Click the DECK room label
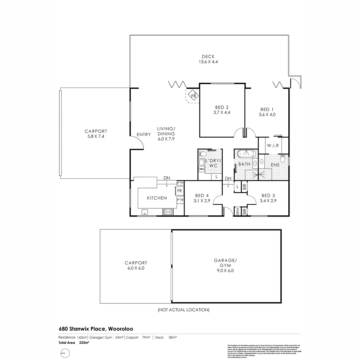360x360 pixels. [x=208, y=56]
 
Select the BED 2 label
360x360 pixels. [x=222, y=107]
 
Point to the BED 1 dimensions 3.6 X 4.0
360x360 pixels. [x=267, y=115]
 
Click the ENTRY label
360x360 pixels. [x=144, y=134]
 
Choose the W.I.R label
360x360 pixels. [x=273, y=146]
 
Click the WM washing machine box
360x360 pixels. [x=201, y=169]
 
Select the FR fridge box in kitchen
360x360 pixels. [x=179, y=191]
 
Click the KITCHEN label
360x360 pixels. [x=157, y=198]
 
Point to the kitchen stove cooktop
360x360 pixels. [x=168, y=211]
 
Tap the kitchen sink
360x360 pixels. [x=145, y=211]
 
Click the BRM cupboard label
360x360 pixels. [x=238, y=211]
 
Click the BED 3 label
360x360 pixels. [x=268, y=195]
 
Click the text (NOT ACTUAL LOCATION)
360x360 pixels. [x=184, y=310]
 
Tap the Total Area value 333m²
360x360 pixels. [x=84, y=342]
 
